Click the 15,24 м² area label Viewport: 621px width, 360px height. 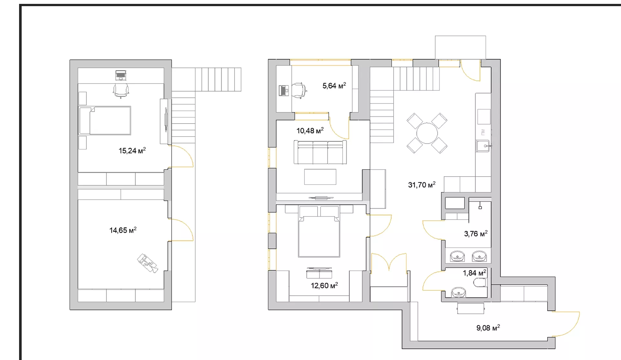(x=132, y=151)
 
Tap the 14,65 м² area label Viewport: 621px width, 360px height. (x=123, y=230)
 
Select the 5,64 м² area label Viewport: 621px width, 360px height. (x=334, y=86)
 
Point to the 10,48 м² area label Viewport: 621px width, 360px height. (x=310, y=131)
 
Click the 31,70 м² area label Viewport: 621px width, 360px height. (x=422, y=185)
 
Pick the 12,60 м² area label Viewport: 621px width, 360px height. (x=324, y=286)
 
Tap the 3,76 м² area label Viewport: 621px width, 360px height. (x=476, y=234)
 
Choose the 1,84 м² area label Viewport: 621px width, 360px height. (x=474, y=273)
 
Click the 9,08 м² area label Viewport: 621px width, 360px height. (x=488, y=328)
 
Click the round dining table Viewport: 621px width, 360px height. (x=427, y=133)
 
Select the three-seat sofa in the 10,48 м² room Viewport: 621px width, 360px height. (x=320, y=152)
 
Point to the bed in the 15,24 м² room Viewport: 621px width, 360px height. (x=105, y=120)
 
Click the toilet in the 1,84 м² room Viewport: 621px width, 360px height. (x=480, y=283)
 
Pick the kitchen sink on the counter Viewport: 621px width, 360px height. (x=484, y=146)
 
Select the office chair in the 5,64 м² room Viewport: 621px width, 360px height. (x=299, y=90)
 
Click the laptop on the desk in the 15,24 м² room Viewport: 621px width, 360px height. (x=121, y=75)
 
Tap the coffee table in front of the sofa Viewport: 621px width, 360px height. (x=320, y=177)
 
